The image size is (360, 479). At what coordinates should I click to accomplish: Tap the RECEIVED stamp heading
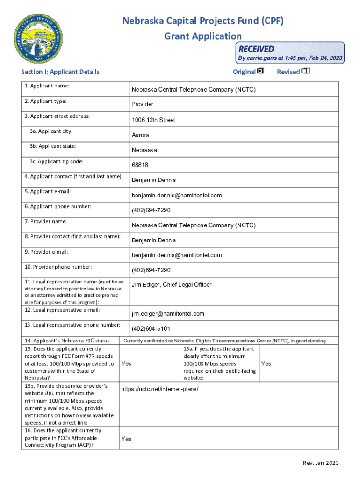(256, 49)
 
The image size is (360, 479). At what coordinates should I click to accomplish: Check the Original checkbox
(260, 71)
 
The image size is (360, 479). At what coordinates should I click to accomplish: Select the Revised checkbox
(306, 71)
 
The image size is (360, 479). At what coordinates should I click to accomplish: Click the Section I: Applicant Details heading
(60, 72)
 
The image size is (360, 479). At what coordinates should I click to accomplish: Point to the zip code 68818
(140, 165)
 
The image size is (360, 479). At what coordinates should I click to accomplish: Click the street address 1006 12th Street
(153, 120)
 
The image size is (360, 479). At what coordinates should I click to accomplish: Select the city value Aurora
(140, 135)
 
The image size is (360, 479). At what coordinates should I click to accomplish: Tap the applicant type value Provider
(142, 104)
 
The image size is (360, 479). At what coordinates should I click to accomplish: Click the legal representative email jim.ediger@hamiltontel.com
(168, 314)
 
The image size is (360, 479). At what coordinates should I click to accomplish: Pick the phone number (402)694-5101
(151, 329)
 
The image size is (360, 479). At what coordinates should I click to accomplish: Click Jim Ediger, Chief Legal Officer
(172, 285)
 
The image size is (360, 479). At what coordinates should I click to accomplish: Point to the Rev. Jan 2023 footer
(321, 464)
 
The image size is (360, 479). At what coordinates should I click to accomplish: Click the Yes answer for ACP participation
(126, 439)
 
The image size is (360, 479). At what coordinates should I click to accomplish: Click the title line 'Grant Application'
(203, 36)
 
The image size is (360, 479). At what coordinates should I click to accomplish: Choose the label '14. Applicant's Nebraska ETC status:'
(67, 341)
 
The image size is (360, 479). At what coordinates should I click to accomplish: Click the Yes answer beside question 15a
(266, 363)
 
